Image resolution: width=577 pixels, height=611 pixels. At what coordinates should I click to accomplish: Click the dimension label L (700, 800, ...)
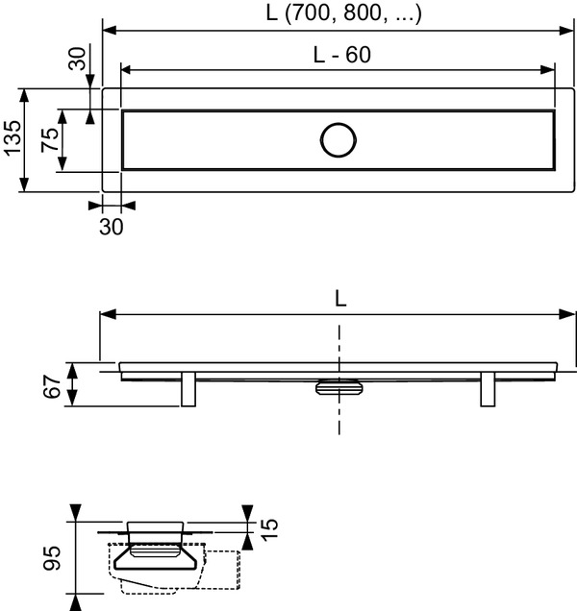point(343,13)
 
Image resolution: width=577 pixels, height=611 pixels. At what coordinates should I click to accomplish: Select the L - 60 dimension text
point(342,55)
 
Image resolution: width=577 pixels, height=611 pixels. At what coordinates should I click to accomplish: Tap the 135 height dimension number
point(13,138)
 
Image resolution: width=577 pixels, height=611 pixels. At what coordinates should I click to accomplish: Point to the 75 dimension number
point(50,140)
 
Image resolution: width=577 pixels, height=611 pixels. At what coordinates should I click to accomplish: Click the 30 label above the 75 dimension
point(77,59)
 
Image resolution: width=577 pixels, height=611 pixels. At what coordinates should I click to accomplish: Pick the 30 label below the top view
point(112,227)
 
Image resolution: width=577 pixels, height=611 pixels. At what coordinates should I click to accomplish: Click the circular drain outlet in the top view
point(339,140)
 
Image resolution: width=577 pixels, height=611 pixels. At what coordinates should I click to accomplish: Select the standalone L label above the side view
point(340,300)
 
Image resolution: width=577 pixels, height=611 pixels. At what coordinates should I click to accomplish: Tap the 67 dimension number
point(52,387)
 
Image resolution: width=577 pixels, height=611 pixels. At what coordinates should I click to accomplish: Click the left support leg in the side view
point(188,389)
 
